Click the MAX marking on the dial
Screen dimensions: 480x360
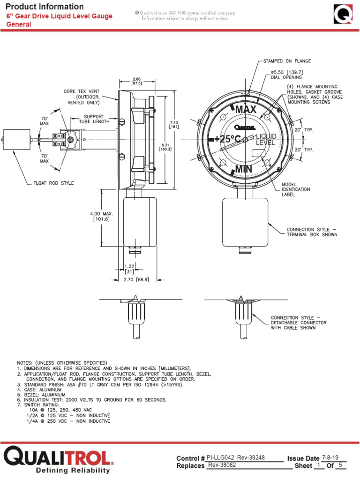[x=246, y=109]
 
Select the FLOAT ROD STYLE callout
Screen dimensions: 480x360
[x=55, y=183]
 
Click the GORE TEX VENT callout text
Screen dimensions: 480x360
[x=82, y=97]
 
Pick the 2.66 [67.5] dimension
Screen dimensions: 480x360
[x=137, y=81]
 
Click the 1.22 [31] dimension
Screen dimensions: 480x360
[x=129, y=268]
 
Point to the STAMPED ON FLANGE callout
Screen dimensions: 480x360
[x=287, y=61]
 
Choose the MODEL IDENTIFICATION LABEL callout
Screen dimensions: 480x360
[x=295, y=189]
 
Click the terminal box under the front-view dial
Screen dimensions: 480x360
[x=245, y=222]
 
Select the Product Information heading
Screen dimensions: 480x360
[x=45, y=7]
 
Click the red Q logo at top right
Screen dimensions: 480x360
[x=344, y=14]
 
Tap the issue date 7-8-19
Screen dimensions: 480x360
[x=331, y=457]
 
